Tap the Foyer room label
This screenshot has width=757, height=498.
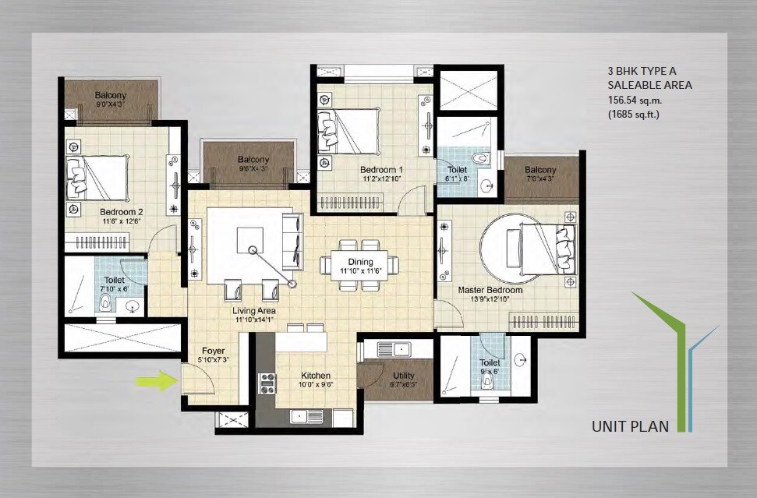(214, 351)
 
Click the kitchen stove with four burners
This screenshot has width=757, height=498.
(267, 383)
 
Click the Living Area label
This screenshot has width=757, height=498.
(254, 311)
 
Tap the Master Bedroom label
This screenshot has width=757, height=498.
(490, 290)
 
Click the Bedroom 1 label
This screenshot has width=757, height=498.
(381, 169)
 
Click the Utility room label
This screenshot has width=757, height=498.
(404, 376)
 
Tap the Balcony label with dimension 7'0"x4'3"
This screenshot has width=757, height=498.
(540, 170)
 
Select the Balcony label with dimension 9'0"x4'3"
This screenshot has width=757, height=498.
(110, 95)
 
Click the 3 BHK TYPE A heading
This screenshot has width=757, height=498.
(641, 71)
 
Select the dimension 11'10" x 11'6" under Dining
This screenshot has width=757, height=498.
(359, 271)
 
